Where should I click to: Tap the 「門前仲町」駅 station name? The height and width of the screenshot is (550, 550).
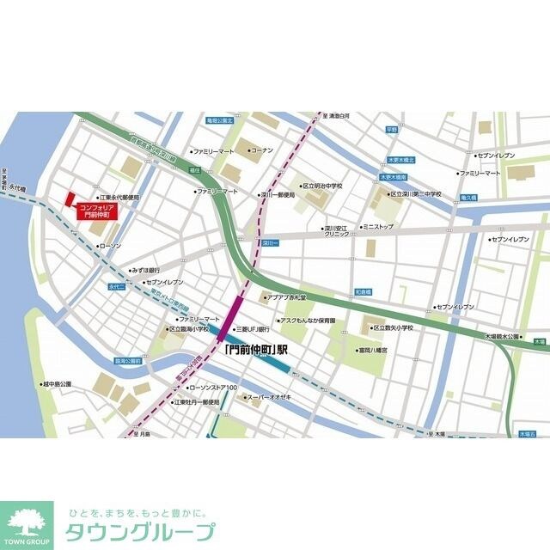(255, 351)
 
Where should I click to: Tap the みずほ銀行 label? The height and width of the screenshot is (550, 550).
(145, 269)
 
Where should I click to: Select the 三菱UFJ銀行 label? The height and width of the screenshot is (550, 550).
(252, 328)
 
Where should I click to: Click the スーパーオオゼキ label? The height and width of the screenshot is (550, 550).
(270, 397)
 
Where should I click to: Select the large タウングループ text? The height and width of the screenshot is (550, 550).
(141, 531)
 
